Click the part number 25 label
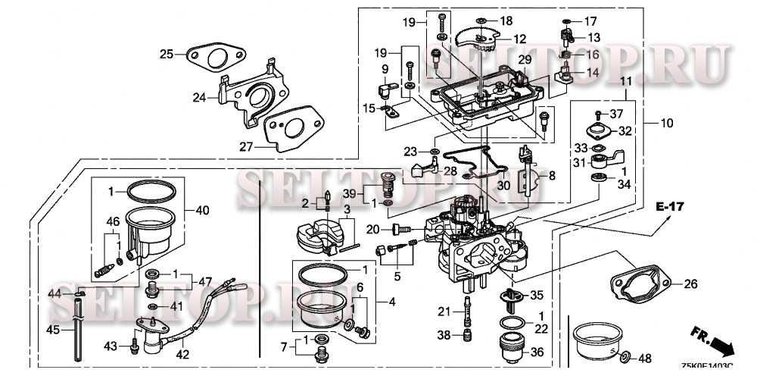coord(166,54)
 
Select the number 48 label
coord(644,358)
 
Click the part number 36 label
coord(537,352)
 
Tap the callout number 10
coord(666,123)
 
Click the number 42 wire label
coord(183,352)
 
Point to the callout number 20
coord(372,230)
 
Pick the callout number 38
coord(444,334)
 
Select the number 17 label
coord(590,20)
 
